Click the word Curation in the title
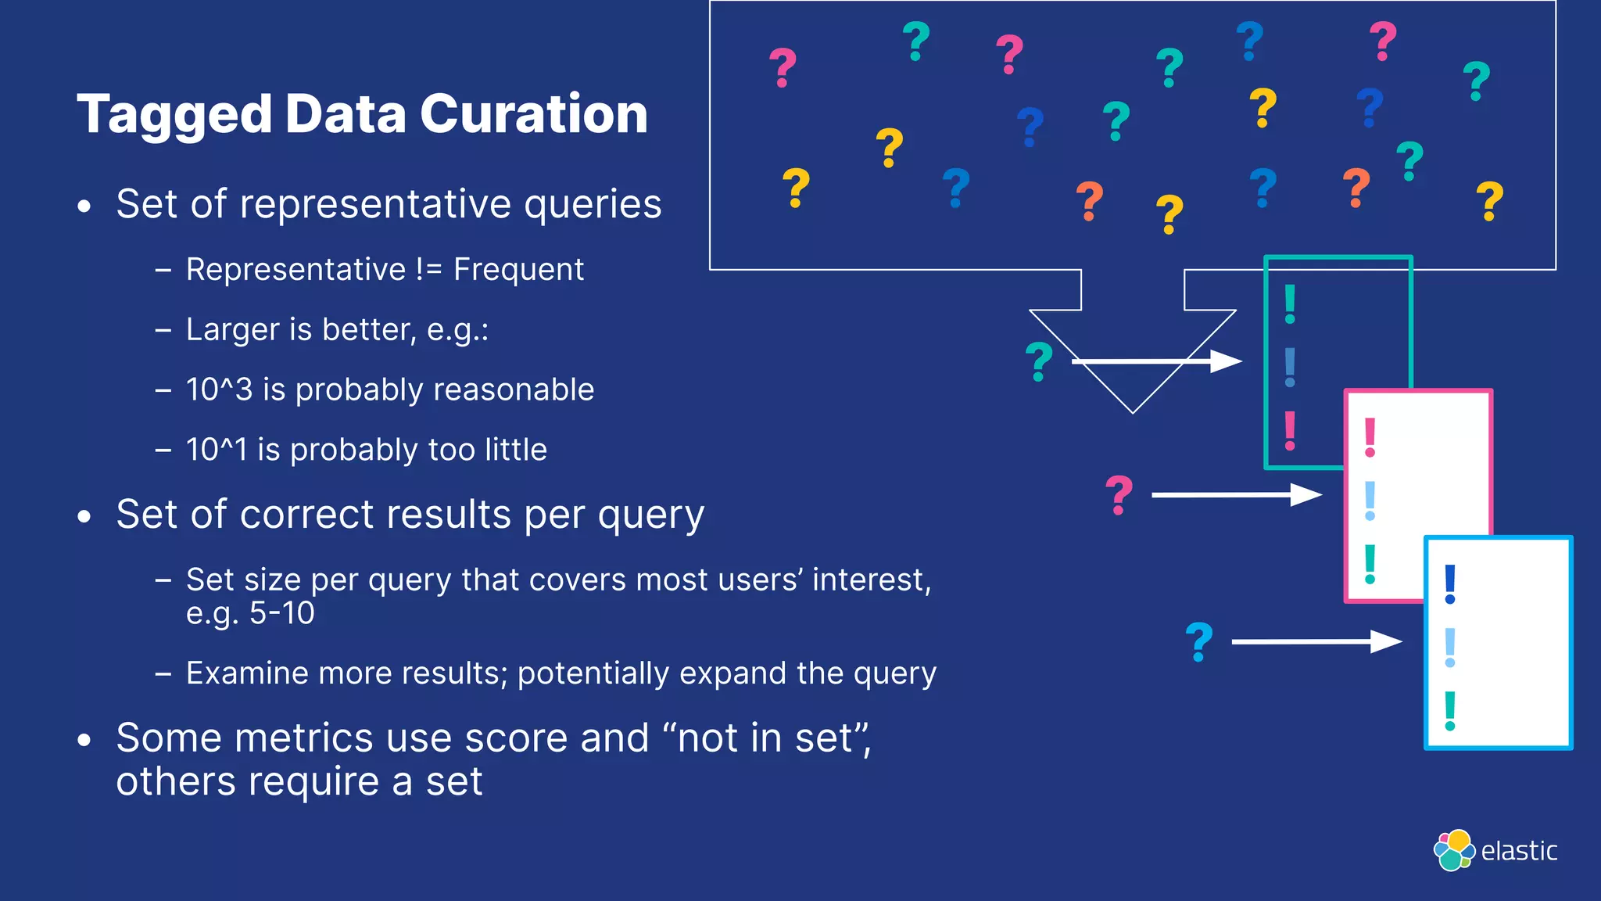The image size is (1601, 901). pos(534,114)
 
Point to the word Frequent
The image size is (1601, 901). pos(518,270)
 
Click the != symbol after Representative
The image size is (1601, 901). pos(429,270)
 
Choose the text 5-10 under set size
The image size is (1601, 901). pos(281,613)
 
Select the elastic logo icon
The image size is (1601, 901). pos(1453,850)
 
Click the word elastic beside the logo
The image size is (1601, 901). pos(1519,851)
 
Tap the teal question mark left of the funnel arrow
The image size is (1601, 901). pos(1039,361)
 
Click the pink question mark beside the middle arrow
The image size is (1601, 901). pos(1119,494)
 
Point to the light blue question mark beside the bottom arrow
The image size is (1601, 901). pos(1198,642)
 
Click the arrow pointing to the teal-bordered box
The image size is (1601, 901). pos(1157,361)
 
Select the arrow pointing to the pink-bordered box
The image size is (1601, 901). pos(1237,494)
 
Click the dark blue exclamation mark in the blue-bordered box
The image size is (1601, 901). pos(1450,584)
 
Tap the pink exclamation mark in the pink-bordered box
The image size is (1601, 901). pos(1370,438)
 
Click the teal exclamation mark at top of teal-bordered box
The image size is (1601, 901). pos(1290,304)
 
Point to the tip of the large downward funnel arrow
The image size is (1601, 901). pos(1132,410)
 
